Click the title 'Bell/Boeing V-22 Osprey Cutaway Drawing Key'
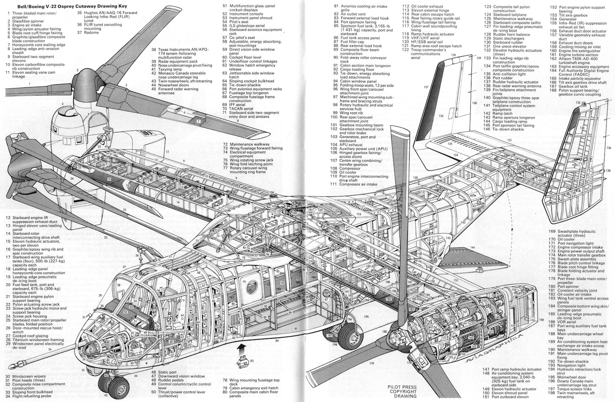(67, 6)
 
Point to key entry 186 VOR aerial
(567, 322)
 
